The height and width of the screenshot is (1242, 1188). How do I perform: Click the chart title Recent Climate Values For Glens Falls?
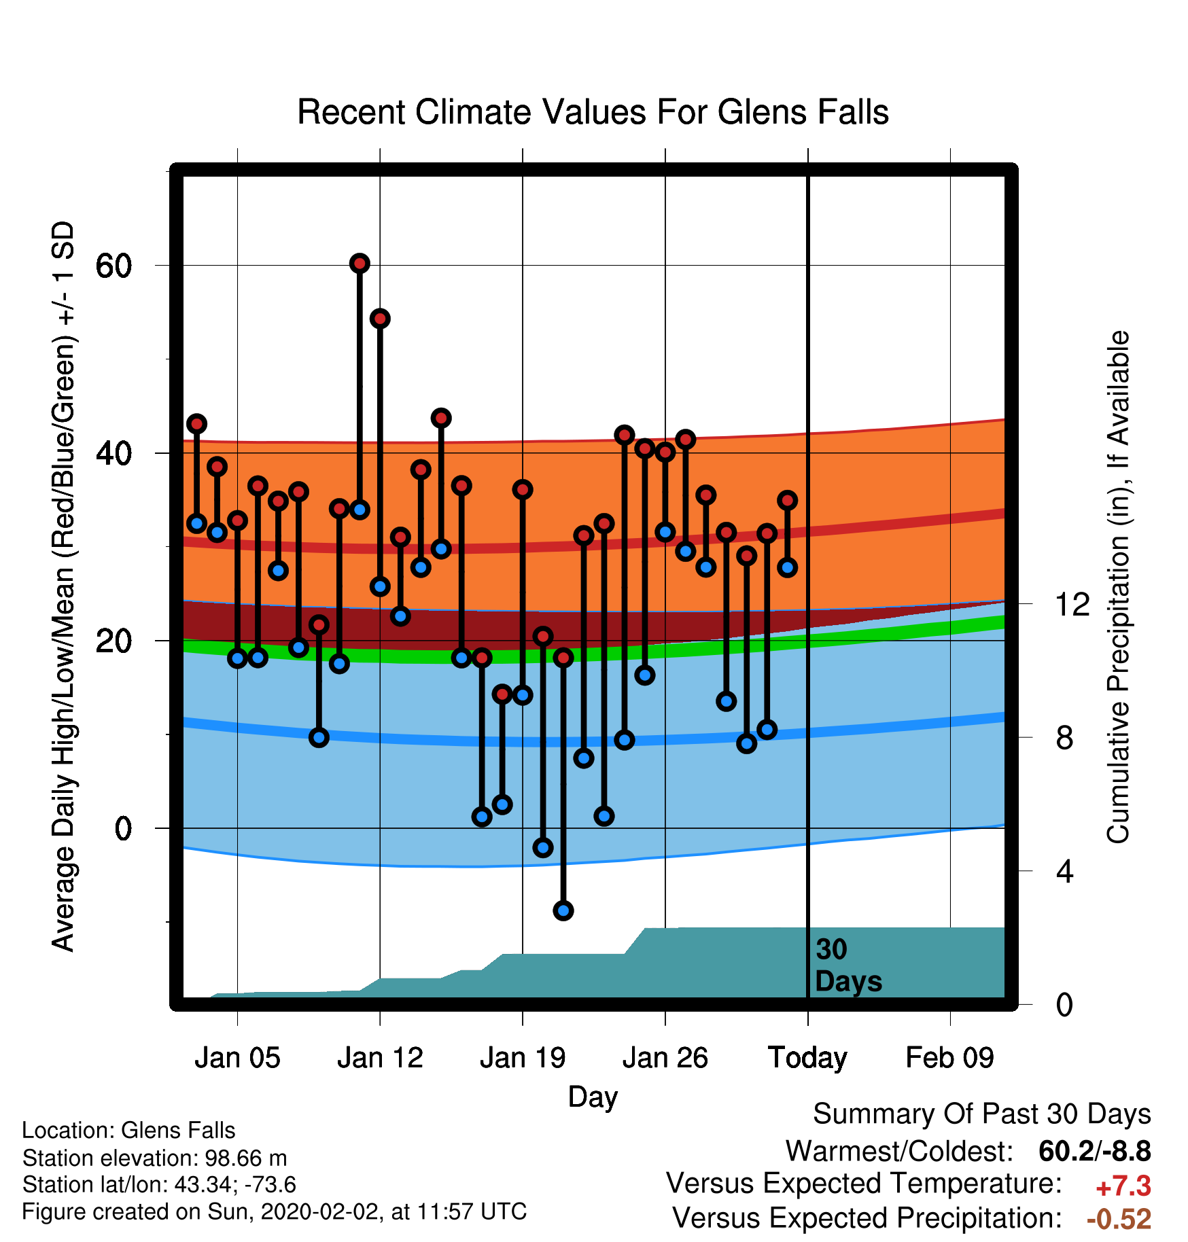click(593, 112)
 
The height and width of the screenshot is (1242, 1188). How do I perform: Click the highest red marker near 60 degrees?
click(360, 263)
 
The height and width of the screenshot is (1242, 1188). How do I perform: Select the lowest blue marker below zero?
click(563, 910)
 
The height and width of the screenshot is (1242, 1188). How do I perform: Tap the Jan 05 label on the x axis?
click(237, 1058)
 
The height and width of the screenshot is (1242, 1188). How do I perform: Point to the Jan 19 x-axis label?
click(522, 1058)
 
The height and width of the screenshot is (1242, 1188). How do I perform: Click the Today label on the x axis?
click(807, 1059)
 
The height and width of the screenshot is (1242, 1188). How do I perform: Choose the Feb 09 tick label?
click(949, 1058)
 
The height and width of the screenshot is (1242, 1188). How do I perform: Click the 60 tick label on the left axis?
click(113, 266)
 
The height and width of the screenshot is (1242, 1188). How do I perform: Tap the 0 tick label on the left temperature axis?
click(123, 828)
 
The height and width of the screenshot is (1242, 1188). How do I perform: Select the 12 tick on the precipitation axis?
click(1072, 604)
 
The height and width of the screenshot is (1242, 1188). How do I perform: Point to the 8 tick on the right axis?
click(1064, 738)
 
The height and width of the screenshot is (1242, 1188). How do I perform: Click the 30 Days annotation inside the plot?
click(848, 965)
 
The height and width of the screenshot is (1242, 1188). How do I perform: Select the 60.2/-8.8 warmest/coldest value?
click(1095, 1151)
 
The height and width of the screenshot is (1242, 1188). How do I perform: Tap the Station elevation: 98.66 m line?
click(154, 1158)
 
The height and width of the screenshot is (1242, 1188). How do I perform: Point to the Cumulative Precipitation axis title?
click(1118, 587)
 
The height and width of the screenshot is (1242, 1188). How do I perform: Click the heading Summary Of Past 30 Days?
click(981, 1114)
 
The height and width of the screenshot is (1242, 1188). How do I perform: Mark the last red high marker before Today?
click(787, 500)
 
